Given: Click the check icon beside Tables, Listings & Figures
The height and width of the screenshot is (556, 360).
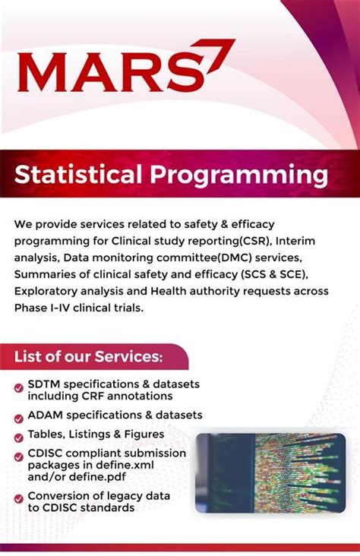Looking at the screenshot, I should (18, 436).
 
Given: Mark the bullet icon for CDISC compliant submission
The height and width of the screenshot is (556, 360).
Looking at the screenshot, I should (18, 456).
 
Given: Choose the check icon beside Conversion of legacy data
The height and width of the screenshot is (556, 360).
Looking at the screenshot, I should (18, 498).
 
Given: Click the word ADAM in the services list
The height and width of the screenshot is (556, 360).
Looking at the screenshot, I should (46, 415).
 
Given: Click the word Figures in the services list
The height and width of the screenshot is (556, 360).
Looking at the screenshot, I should (141, 434).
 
